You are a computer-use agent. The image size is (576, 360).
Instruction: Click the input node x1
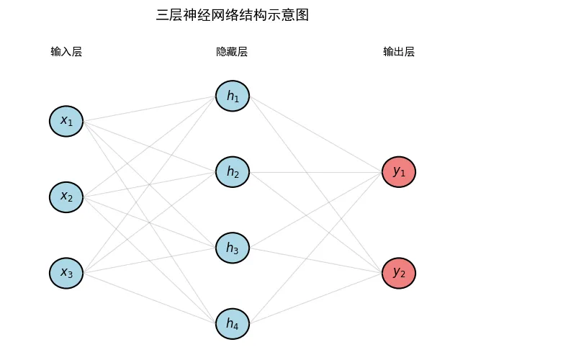(66, 121)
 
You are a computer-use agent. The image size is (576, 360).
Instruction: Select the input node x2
(66, 197)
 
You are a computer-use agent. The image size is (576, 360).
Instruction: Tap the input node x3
(66, 274)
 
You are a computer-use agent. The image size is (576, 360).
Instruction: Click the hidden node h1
(233, 96)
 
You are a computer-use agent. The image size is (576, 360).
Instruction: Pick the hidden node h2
(233, 172)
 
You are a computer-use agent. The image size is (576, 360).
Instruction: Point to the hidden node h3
(233, 248)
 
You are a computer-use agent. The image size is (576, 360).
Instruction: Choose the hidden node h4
(233, 323)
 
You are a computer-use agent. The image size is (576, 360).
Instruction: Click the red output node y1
(399, 172)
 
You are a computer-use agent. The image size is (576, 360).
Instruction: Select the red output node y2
(399, 274)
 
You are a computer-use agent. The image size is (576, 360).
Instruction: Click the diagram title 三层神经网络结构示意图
(232, 15)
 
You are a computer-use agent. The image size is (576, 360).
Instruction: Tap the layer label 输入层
(66, 51)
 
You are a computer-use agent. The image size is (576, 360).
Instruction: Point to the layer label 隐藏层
(232, 51)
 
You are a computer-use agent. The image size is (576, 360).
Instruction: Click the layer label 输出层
(399, 51)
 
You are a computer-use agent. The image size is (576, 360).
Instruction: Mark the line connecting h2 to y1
(316, 172)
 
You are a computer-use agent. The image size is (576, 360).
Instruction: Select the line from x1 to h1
(150, 109)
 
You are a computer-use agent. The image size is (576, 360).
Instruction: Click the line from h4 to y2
(316, 298)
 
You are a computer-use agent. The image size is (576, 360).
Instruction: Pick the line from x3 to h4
(150, 298)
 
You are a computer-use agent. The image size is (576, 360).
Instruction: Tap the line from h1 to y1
(316, 134)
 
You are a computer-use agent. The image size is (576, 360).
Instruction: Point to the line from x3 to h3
(150, 261)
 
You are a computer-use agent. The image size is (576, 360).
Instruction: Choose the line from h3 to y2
(316, 261)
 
